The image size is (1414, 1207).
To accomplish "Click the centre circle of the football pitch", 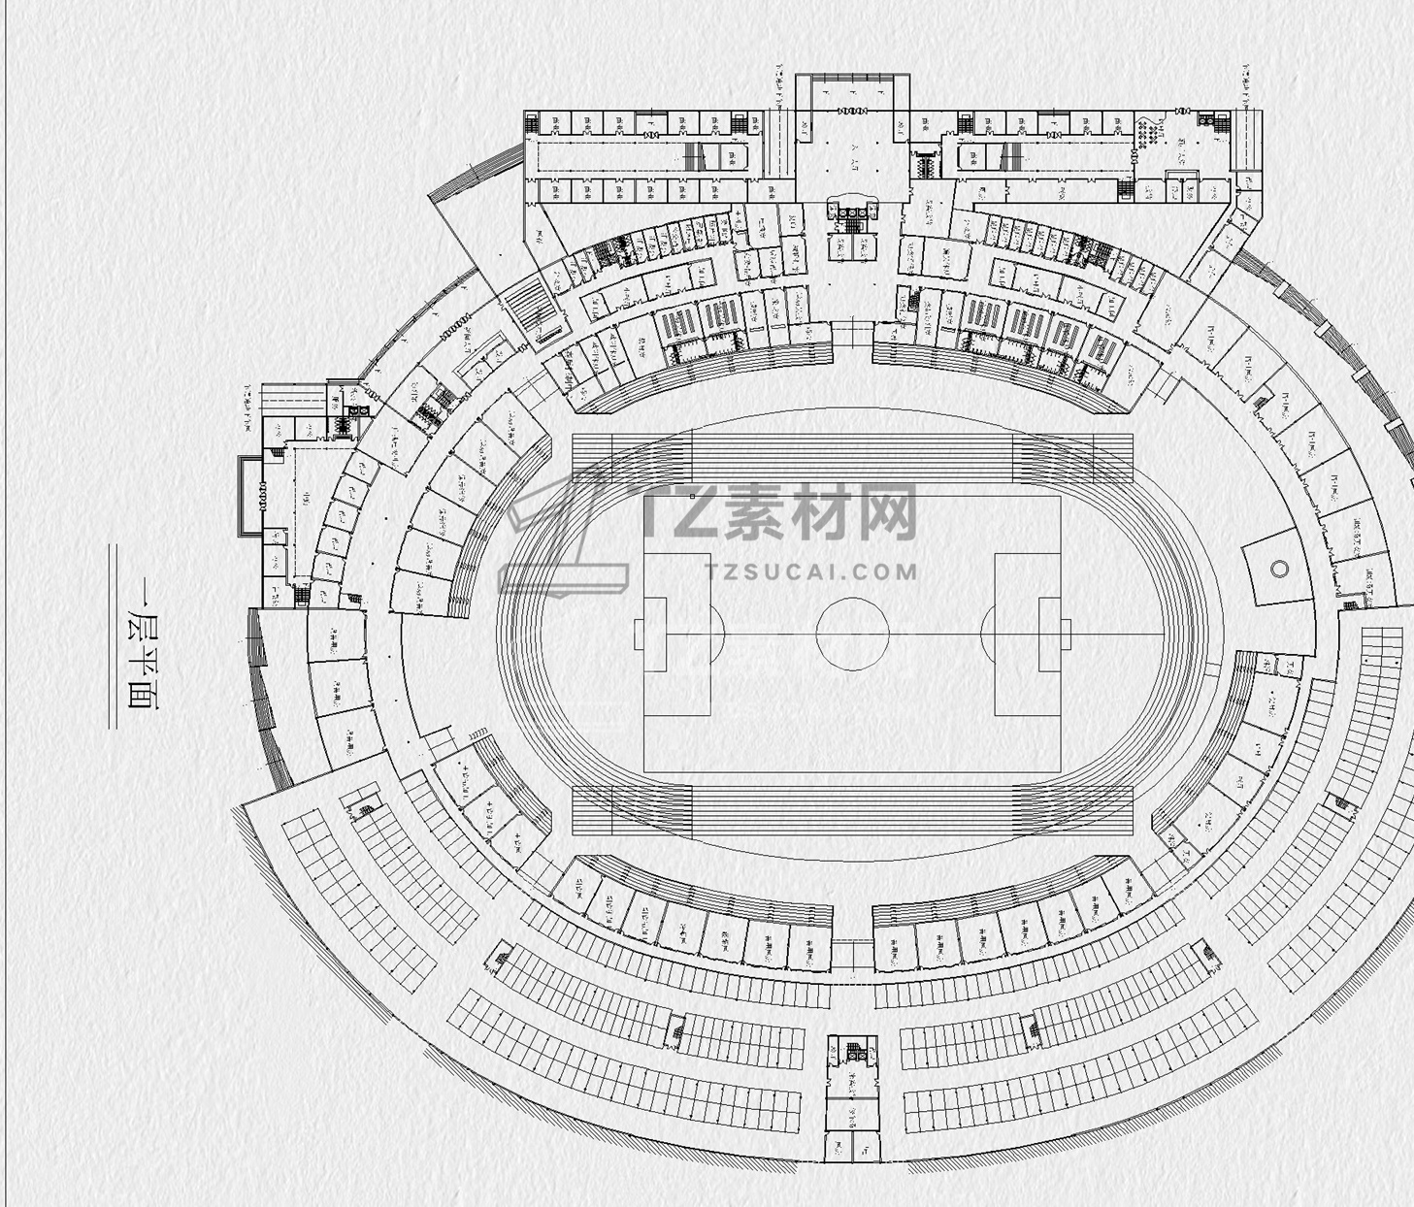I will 852,634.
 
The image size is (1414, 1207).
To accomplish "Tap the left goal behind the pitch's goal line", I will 639,635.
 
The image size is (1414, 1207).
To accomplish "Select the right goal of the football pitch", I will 1066,635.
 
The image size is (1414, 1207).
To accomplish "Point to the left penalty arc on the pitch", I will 719,634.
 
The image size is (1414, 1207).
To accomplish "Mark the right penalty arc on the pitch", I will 987,634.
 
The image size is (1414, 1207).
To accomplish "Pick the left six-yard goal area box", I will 655,635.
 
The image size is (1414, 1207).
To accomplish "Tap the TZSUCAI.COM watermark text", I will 813,571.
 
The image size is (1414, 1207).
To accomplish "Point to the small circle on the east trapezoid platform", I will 1279,569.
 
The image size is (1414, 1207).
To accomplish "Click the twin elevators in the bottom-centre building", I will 853,1049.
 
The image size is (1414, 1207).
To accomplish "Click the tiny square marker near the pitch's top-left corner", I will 692,496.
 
